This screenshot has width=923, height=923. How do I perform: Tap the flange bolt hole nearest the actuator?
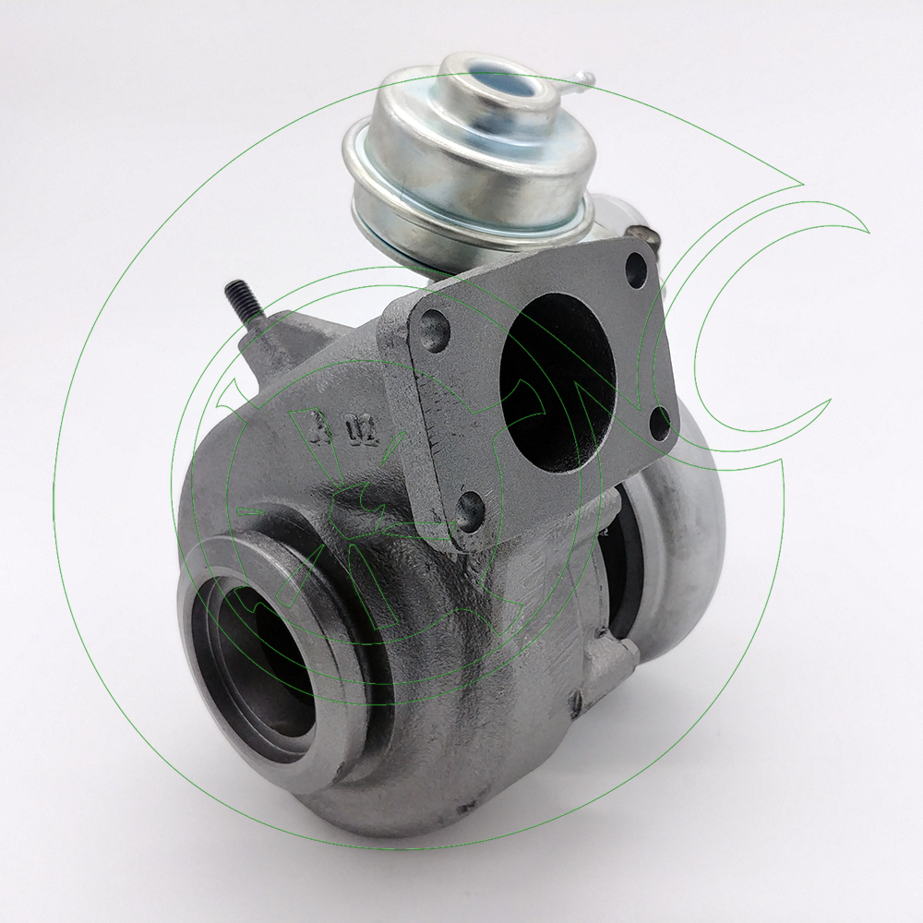635,269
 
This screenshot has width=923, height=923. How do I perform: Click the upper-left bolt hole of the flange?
434,327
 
